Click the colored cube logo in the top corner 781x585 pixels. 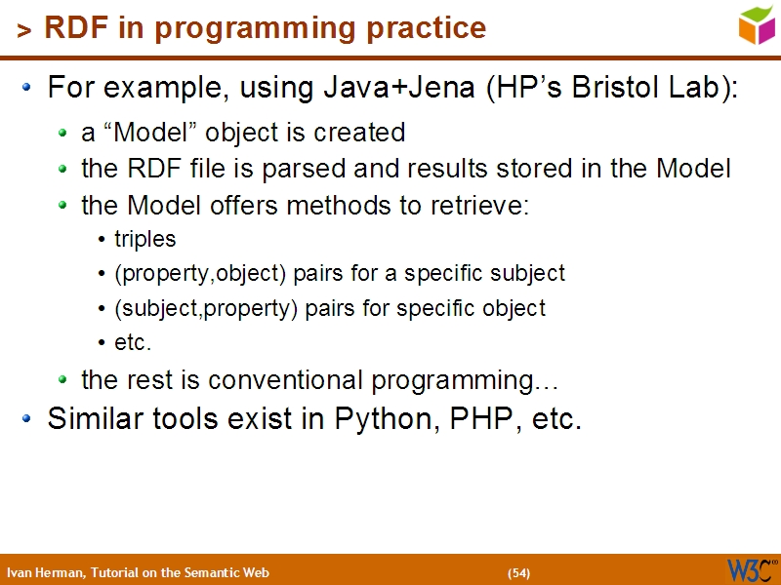[x=756, y=24]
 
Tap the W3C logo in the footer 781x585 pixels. [x=751, y=569]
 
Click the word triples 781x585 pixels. [x=144, y=239]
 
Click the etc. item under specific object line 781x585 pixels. [x=133, y=343]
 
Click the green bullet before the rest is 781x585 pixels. [x=63, y=379]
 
